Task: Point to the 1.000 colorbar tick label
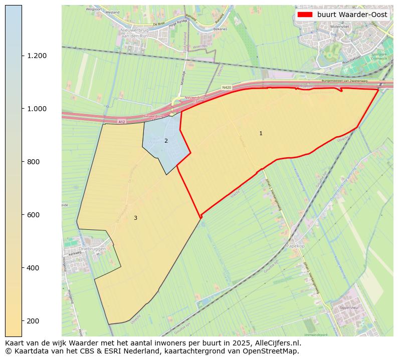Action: (x=37, y=109)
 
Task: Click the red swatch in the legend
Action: (x=305, y=15)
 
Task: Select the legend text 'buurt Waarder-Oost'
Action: (x=352, y=15)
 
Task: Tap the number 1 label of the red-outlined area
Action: (x=261, y=133)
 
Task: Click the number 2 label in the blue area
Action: (x=166, y=141)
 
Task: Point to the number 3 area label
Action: (x=135, y=218)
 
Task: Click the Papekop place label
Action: (x=295, y=246)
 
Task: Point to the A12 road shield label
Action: (x=121, y=122)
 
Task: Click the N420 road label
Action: (x=227, y=88)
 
